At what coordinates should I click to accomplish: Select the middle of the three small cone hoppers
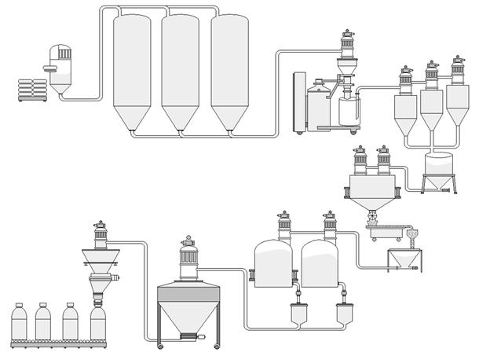click(x=431, y=110)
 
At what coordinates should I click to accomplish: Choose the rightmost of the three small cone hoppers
click(x=457, y=106)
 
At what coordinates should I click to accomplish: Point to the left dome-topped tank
click(x=274, y=263)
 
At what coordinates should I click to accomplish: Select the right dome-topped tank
click(x=322, y=263)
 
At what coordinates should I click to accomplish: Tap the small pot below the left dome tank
click(x=298, y=314)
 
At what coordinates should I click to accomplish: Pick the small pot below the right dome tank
click(x=343, y=314)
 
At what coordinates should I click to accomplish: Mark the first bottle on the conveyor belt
click(x=22, y=322)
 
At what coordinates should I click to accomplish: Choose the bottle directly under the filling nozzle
click(x=98, y=322)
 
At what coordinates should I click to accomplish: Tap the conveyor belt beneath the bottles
click(x=59, y=343)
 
